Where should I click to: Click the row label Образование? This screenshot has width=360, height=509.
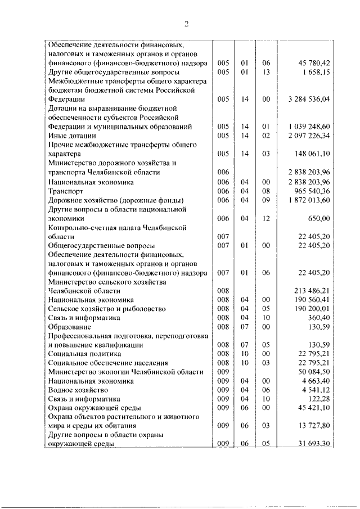coord(70,327)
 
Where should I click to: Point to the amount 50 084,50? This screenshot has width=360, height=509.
coord(313,372)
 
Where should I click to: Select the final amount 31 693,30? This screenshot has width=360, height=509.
coord(313,444)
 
